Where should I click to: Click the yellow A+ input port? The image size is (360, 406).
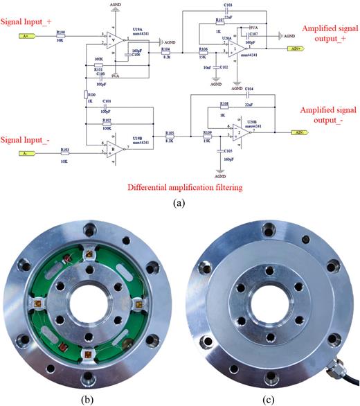coord(26,34)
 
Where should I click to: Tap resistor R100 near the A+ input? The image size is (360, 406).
coord(60,35)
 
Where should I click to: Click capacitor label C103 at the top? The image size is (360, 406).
coord(228,4)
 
